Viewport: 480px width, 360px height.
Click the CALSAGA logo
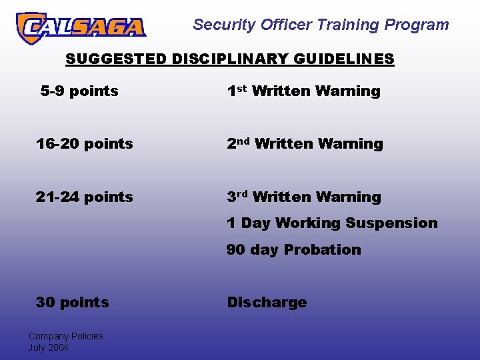pos(81,27)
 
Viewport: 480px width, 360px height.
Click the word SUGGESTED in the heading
pos(116,59)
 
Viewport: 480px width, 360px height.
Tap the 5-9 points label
pos(79,91)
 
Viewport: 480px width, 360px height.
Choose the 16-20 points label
pos(85,143)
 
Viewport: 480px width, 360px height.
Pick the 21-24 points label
pos(85,197)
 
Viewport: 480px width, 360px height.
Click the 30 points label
pos(72,302)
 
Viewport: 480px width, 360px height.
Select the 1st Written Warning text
pos(303,91)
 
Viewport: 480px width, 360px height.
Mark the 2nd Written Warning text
pos(305,143)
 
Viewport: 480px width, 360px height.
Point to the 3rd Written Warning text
pos(304,197)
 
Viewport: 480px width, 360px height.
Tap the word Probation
pos(322,249)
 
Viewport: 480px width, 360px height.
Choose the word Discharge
pos(267,302)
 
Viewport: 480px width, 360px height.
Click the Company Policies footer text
pos(65,336)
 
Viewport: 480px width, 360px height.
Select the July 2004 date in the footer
pos(48,347)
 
